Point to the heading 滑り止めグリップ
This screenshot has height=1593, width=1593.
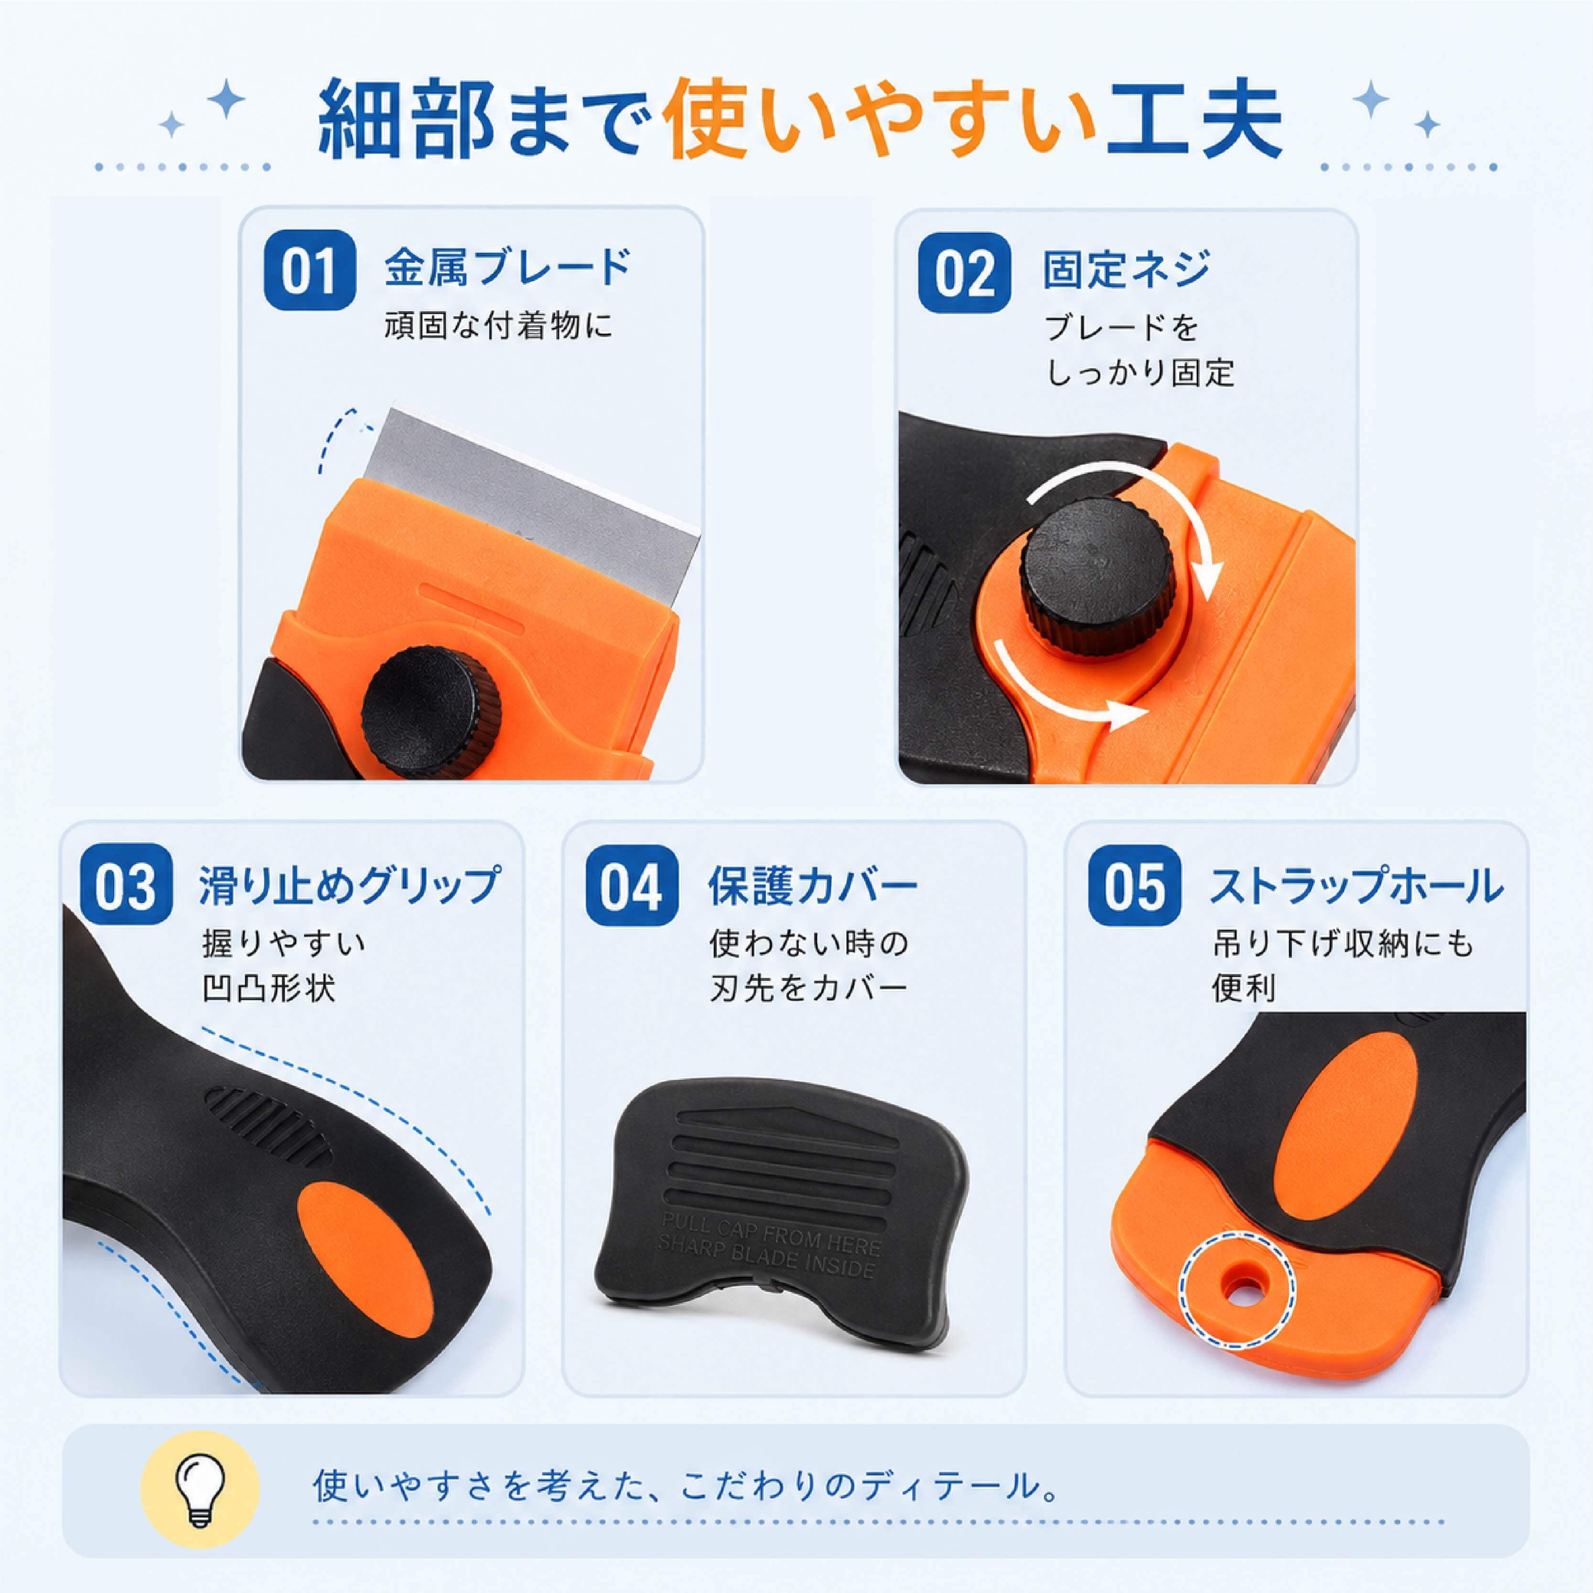pyautogui.click(x=349, y=885)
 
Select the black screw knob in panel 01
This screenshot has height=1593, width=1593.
pyautogui.click(x=431, y=711)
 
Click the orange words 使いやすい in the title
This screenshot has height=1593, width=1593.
pyautogui.click(x=880, y=120)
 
